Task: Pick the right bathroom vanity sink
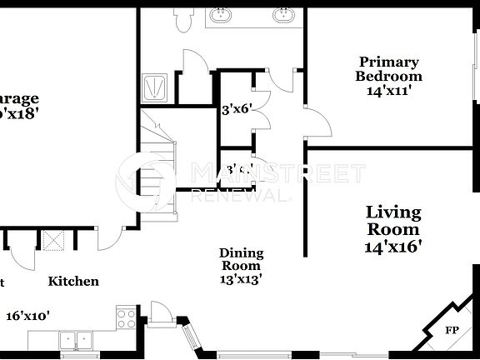tap(284, 14)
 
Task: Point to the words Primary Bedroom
tap(388, 68)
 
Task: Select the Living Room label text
tap(393, 221)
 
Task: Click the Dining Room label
tap(242, 260)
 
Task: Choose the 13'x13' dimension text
tap(242, 281)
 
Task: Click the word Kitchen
tap(73, 282)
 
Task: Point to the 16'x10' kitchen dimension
tap(28, 316)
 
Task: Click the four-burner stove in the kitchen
tap(127, 318)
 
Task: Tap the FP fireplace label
tap(452, 330)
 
